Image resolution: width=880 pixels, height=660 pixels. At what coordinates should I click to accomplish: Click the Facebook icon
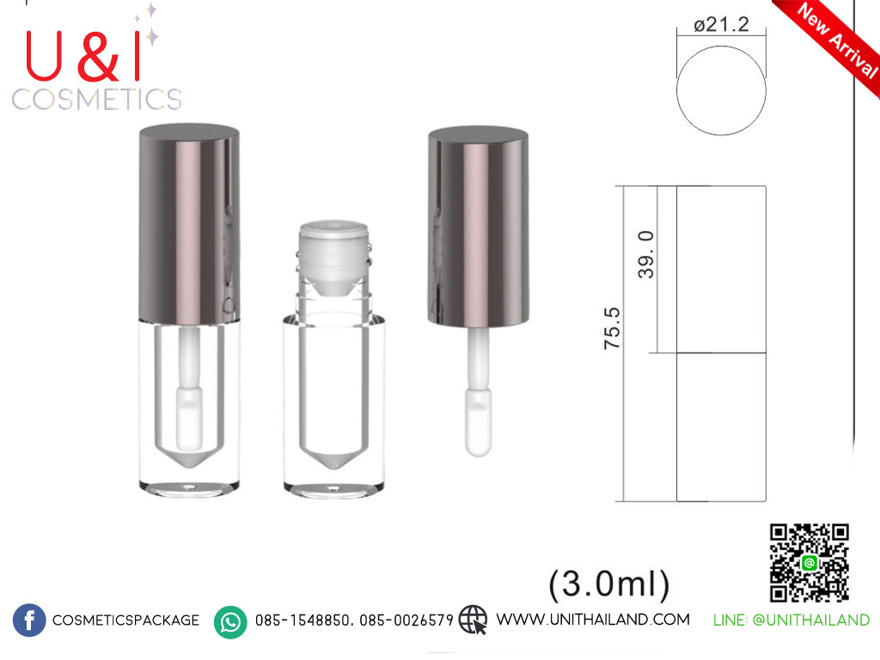tap(29, 620)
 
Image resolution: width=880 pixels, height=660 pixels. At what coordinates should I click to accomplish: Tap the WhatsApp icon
tap(230, 622)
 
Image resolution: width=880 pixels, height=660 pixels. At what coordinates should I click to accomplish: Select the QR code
tap(809, 562)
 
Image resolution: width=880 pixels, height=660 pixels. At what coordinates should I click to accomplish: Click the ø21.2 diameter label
tap(721, 25)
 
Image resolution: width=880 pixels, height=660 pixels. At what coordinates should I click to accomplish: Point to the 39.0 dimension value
tap(646, 254)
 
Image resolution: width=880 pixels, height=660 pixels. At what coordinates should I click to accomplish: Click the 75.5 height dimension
tap(612, 328)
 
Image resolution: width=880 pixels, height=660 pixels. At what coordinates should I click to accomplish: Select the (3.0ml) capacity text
tap(609, 584)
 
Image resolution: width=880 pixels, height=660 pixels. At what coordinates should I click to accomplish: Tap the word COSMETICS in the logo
tap(96, 100)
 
